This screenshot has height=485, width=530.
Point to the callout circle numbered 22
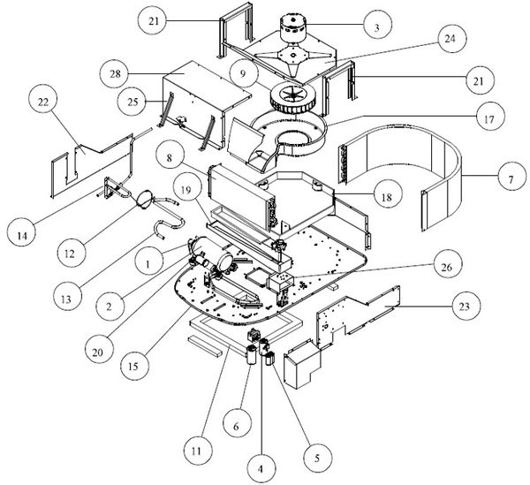(x=42, y=102)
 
